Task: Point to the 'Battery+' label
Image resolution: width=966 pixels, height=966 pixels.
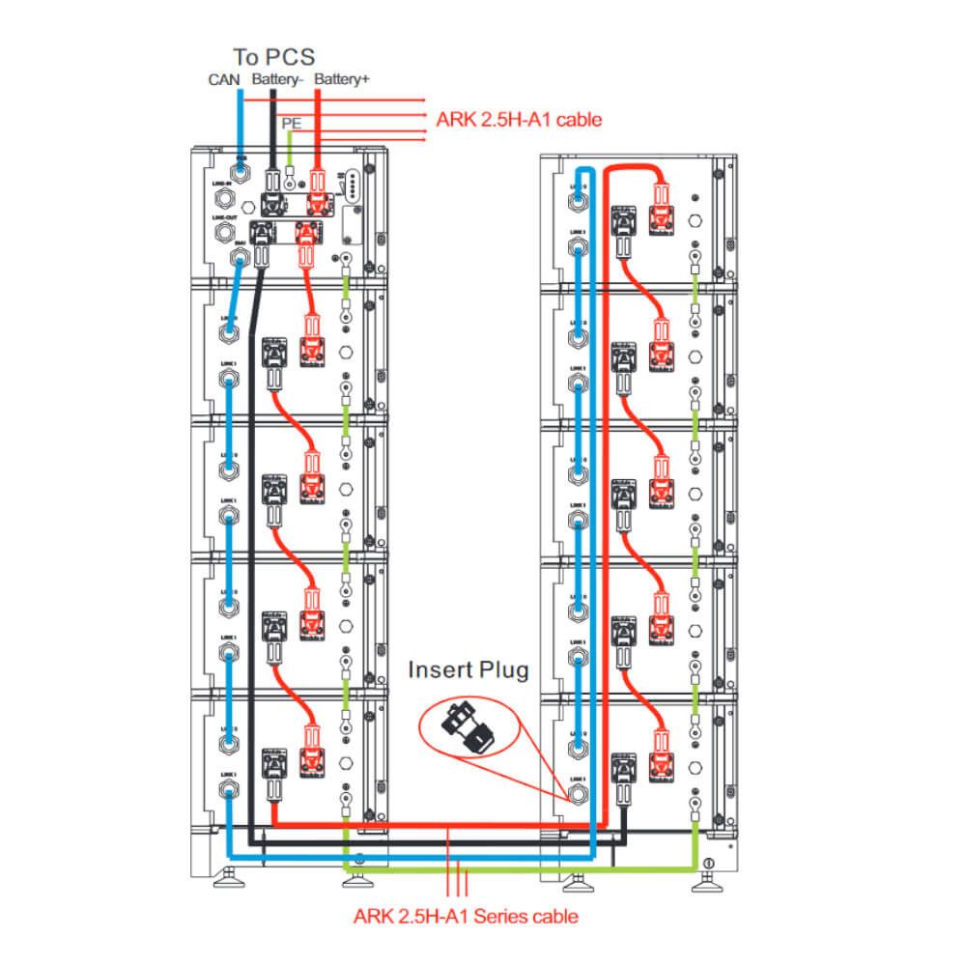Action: pos(342,79)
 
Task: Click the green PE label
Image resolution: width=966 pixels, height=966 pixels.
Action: pos(290,124)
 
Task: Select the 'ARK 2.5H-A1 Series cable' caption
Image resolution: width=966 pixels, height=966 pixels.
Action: pos(467,915)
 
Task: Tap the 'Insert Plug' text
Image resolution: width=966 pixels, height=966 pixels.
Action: pos(469,670)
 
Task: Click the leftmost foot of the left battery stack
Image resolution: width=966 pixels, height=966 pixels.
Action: pos(232,877)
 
